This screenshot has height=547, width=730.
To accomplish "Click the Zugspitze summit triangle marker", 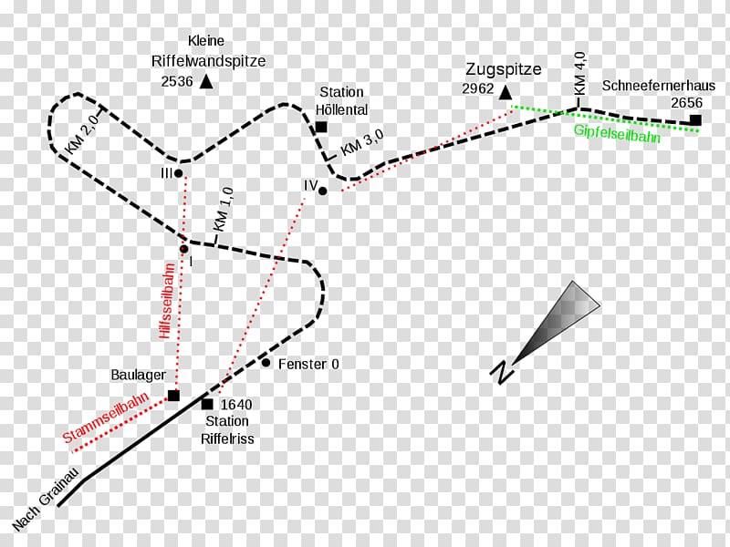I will [506, 90].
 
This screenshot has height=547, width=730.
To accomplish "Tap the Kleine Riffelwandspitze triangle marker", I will [206, 82].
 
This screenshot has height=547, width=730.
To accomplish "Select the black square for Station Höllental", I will [321, 127].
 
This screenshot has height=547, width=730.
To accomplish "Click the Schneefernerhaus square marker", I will [695, 120].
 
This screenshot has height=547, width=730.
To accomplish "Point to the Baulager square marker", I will [173, 396].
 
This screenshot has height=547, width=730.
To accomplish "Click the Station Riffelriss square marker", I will [207, 404].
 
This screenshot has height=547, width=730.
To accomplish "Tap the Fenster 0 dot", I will [266, 363].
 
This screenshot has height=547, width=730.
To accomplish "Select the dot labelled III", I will [179, 172].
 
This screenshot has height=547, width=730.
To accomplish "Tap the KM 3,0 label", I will [362, 144].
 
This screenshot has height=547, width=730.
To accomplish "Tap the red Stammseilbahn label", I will [95, 421].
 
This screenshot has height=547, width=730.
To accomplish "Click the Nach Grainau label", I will [46, 503].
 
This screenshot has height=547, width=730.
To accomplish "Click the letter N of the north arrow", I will [500, 371].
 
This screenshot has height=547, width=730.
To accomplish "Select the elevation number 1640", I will [236, 405].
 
